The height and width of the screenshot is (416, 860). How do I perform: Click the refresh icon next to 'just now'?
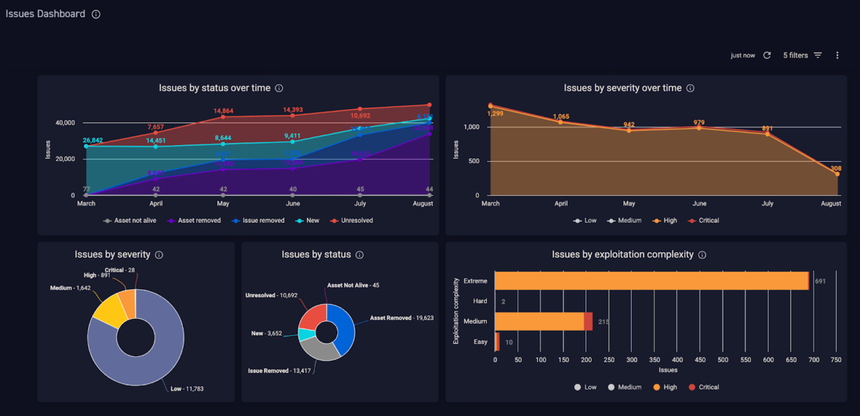tap(767, 56)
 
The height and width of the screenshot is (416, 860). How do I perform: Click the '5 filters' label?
tap(795, 56)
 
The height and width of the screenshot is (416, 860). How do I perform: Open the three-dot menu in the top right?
tap(837, 56)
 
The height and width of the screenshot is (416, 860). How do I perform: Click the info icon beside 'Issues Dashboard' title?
tap(96, 14)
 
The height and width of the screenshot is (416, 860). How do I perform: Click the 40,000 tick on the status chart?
tap(65, 123)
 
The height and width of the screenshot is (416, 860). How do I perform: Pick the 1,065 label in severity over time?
tap(561, 117)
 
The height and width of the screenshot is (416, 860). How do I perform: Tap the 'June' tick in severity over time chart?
tap(699, 203)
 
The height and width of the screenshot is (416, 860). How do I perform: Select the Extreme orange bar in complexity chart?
tap(652, 280)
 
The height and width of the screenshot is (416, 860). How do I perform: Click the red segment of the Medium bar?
tap(589, 321)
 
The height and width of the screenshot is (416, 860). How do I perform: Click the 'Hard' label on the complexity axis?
tap(480, 301)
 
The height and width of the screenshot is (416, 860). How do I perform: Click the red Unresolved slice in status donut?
tap(312, 315)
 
